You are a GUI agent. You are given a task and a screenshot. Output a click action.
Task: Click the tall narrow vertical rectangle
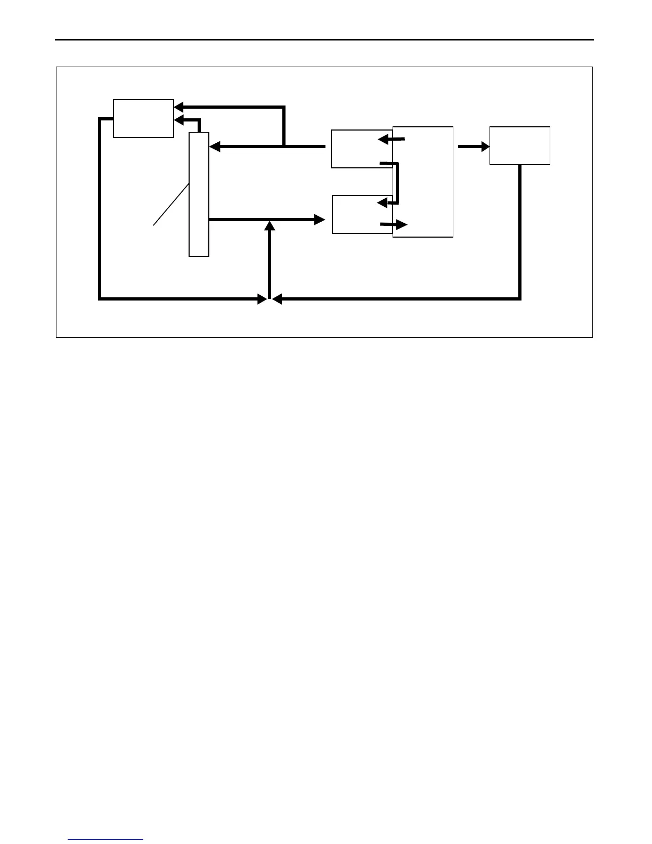pos(199,194)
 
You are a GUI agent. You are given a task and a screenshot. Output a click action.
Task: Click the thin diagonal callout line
pos(171,205)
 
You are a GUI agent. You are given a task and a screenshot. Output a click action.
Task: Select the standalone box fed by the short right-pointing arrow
pos(519,145)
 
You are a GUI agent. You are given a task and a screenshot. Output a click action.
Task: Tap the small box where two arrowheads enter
pos(143,118)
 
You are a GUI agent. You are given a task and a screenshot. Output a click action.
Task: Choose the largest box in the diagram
pos(423,182)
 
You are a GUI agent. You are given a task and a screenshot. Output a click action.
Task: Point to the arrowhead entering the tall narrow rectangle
pos(214,147)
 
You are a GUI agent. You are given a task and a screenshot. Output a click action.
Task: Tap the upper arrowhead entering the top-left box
pos(179,107)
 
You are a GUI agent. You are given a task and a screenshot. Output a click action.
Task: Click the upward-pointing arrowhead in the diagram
pos(270,225)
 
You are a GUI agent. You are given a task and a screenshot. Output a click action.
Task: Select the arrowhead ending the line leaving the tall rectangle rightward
pos(320,219)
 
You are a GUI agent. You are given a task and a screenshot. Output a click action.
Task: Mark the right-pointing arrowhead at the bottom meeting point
pos(262,299)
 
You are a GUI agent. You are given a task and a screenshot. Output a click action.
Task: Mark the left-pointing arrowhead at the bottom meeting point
pos(277,299)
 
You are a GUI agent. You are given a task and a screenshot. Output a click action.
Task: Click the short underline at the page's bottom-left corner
pos(105,840)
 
